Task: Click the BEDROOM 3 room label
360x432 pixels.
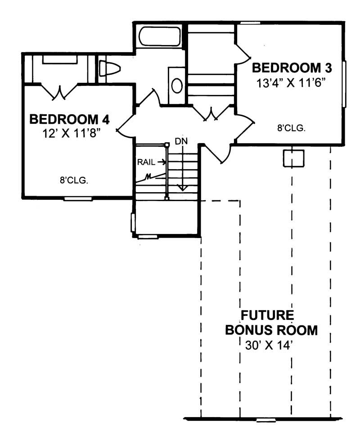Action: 292,68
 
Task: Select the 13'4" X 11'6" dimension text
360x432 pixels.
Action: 292,83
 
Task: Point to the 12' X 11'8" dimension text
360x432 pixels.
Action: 69,134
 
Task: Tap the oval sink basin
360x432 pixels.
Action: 177,85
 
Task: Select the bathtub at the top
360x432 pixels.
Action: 160,36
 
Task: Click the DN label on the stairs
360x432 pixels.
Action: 181,141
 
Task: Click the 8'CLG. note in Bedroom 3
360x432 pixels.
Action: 291,128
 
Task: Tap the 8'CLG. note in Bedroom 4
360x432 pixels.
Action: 73,181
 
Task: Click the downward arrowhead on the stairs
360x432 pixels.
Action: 182,187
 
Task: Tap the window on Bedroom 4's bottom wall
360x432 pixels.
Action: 78,198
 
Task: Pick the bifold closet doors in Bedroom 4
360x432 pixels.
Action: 59,92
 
